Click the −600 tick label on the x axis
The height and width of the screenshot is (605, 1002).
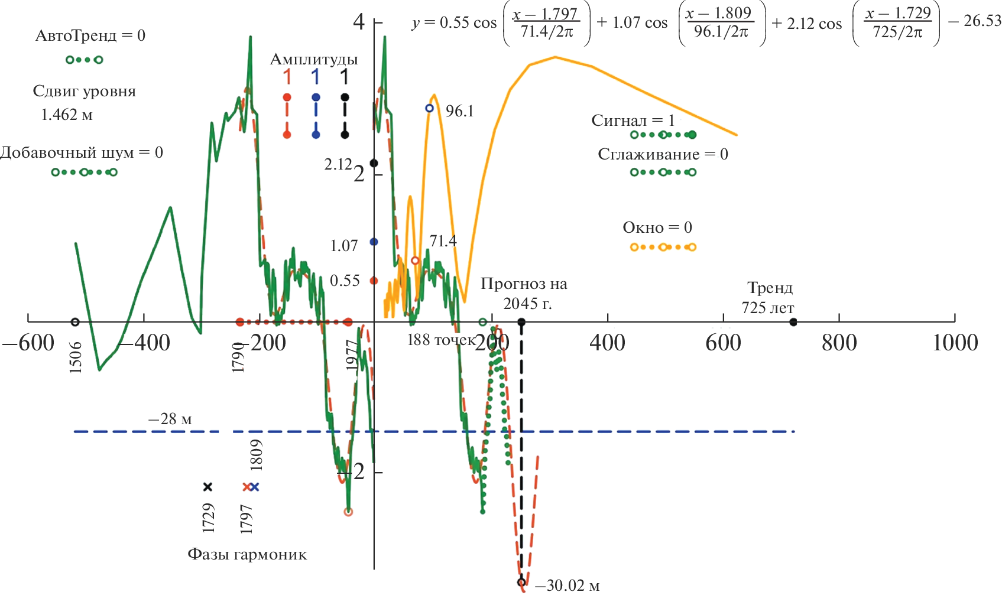click(28, 343)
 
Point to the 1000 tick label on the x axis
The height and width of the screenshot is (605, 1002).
click(955, 343)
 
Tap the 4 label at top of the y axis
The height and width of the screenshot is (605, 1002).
click(359, 22)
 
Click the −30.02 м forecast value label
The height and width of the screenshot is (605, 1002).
click(567, 586)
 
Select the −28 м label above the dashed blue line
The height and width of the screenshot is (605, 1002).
click(170, 419)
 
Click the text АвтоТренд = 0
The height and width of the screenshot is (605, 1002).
click(90, 35)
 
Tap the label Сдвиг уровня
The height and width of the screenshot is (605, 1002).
click(84, 92)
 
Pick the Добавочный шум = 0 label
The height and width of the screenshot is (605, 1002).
click(81, 152)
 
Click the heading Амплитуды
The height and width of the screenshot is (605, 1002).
click(314, 59)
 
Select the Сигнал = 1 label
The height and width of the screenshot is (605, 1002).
click(633, 121)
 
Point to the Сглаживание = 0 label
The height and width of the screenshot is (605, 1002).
click(663, 154)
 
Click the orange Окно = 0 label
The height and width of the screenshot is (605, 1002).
click(657, 227)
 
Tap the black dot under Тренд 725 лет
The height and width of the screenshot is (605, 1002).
click(793, 322)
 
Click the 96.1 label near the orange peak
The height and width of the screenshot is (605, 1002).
click(459, 111)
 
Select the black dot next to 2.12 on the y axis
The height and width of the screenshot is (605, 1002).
click(374, 163)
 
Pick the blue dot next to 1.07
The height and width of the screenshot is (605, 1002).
click(374, 242)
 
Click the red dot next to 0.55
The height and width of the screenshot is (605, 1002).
click(374, 281)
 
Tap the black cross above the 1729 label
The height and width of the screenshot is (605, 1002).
click(207, 487)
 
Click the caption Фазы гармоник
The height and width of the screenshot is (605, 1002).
click(247, 555)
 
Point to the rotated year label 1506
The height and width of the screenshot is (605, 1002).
click(76, 357)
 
